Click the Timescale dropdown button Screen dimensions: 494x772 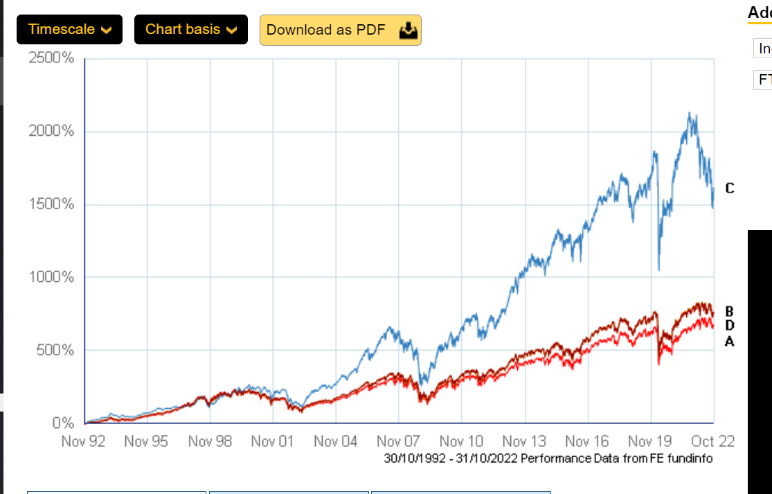point(69,29)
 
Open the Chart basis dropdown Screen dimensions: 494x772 point(190,29)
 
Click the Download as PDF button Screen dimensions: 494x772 point(340,30)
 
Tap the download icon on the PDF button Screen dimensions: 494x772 point(409,30)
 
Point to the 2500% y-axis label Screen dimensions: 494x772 point(51,58)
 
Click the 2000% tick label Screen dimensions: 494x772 point(51,132)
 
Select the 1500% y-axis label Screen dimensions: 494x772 point(51,204)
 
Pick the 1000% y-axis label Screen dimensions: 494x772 point(51,277)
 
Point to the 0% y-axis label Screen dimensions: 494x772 point(62,423)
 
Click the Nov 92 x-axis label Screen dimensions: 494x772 point(83,441)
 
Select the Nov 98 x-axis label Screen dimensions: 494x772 point(210,441)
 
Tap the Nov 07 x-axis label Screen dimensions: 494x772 point(399,441)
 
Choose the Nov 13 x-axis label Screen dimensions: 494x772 point(524,441)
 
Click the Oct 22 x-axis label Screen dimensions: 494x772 point(713,441)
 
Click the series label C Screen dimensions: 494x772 point(729,188)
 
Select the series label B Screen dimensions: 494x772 point(729,312)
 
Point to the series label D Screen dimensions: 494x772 point(729,326)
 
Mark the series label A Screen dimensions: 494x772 point(729,341)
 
